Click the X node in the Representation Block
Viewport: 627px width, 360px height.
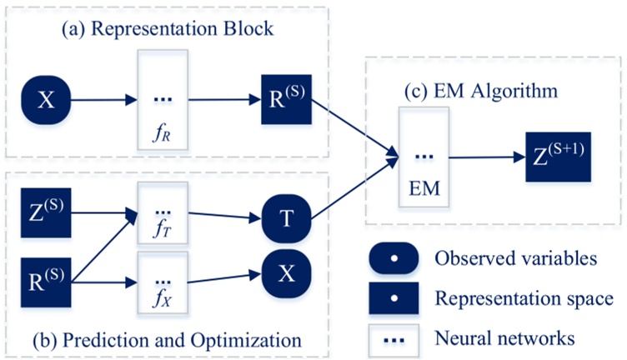coord(46,101)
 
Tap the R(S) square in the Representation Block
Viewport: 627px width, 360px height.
coord(284,101)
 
